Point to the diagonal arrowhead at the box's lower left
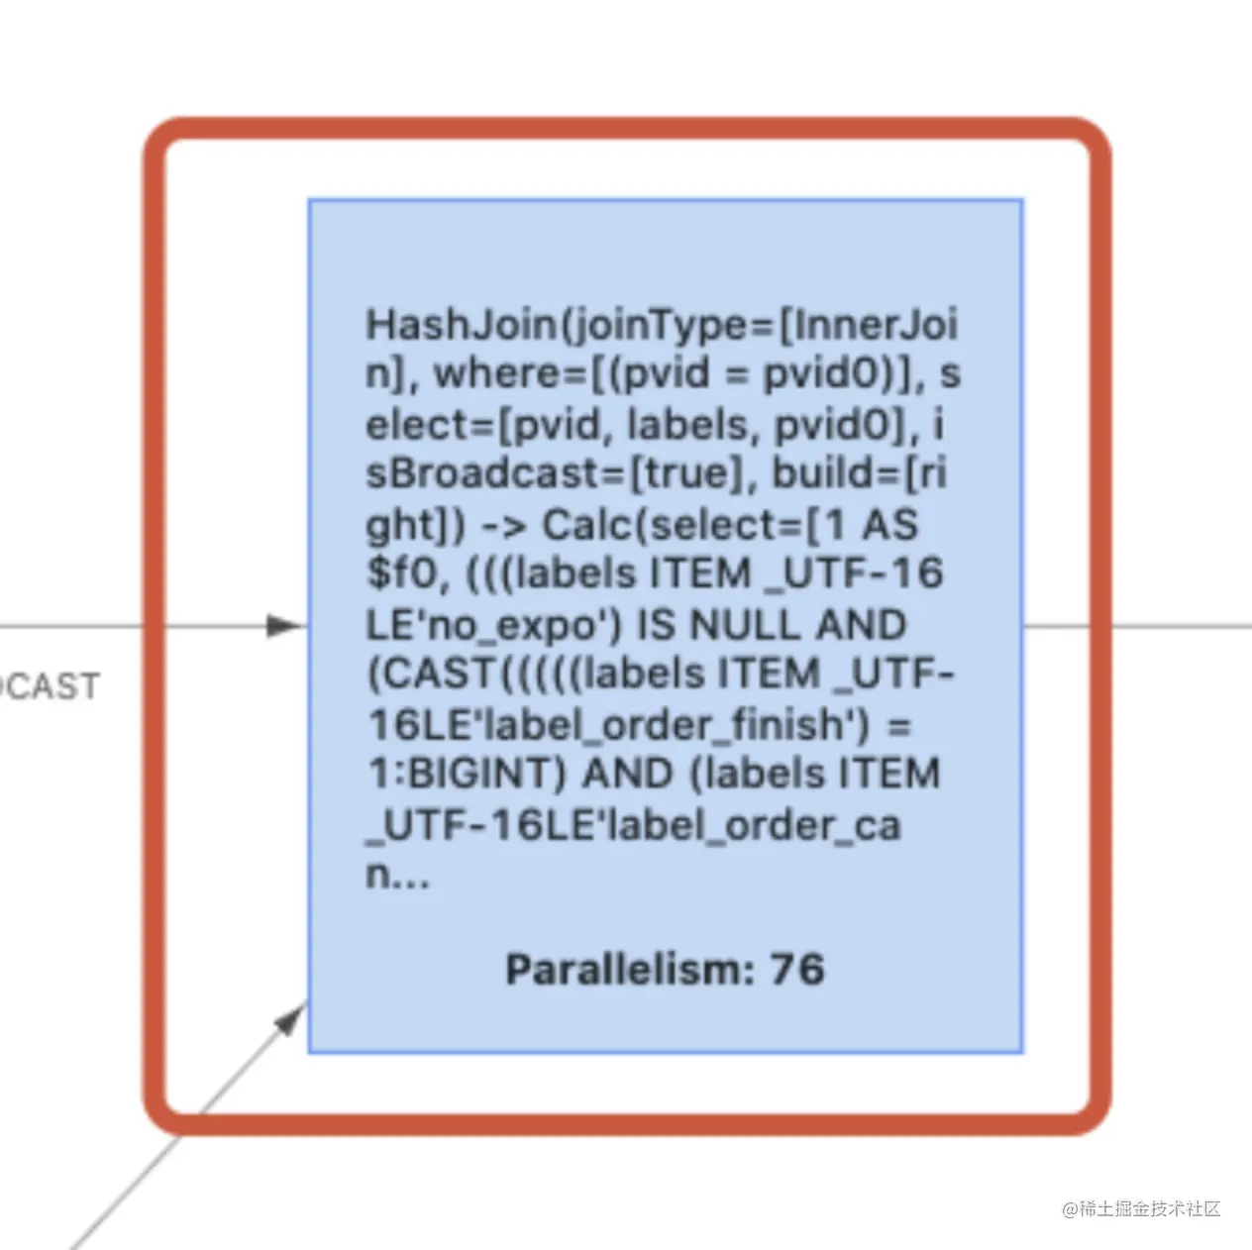[291, 1018]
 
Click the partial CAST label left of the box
[50, 685]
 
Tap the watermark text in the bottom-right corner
[1141, 1208]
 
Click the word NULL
[744, 625]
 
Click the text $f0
[407, 574]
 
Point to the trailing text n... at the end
[397, 876]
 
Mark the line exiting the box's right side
[1138, 626]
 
